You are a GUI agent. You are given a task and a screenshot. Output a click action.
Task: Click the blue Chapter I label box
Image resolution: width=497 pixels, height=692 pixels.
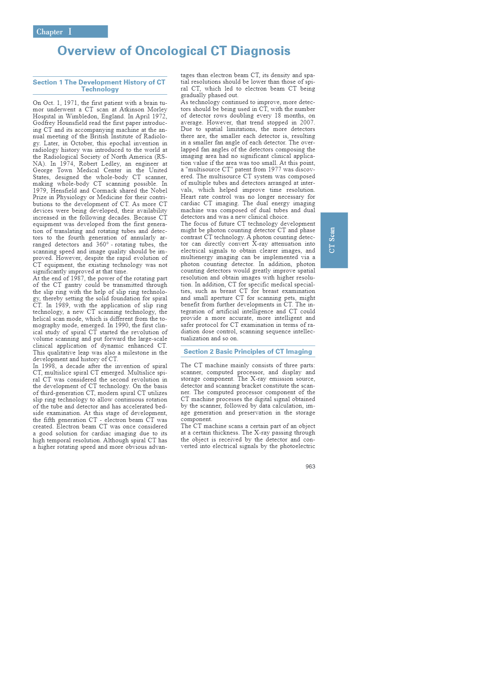(x=70, y=32)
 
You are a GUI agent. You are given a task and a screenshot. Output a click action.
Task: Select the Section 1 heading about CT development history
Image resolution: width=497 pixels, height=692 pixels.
(x=100, y=86)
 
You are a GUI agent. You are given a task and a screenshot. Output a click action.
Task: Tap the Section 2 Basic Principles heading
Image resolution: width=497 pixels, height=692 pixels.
(x=248, y=352)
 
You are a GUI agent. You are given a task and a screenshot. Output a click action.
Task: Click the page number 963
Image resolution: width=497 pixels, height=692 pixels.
(x=310, y=466)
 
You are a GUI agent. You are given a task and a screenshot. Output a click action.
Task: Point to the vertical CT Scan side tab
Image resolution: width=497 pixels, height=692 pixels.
(x=334, y=240)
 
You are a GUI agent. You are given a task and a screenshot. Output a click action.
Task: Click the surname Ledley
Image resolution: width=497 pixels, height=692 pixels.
(x=111, y=164)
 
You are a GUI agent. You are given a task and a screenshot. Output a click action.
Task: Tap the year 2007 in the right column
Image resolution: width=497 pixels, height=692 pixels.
(x=306, y=122)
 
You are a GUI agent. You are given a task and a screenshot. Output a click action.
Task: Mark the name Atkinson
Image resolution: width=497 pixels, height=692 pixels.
(x=132, y=109)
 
